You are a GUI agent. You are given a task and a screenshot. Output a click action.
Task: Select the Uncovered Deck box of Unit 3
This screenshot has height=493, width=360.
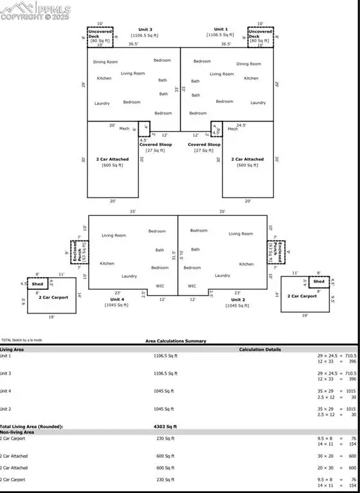click(x=100, y=37)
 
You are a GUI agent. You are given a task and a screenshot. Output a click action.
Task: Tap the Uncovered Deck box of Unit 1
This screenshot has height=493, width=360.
click(x=261, y=37)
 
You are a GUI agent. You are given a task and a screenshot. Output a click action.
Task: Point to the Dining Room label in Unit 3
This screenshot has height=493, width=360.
click(x=106, y=62)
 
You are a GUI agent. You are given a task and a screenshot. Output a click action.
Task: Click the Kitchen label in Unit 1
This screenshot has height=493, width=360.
click(x=251, y=78)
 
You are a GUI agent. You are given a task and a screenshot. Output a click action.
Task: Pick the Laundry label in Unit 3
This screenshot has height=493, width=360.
click(x=102, y=103)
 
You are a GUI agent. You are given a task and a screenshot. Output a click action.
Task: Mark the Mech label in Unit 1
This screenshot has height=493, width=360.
click(x=233, y=129)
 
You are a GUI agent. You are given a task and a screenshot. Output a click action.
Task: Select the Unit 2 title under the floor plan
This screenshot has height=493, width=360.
click(x=238, y=300)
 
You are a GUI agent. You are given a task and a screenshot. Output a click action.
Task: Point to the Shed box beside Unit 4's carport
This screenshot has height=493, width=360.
click(x=38, y=283)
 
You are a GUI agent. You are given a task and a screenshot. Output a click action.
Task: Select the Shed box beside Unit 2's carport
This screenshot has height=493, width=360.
click(x=318, y=282)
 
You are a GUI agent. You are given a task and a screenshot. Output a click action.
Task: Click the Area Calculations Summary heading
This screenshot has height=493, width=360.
click(x=179, y=341)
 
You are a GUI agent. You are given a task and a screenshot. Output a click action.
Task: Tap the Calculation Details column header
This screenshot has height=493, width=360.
click(x=261, y=350)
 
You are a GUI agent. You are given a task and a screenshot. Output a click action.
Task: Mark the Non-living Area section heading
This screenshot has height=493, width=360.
click(x=17, y=433)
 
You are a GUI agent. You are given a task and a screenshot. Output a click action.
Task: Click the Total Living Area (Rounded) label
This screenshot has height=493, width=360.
click(x=31, y=427)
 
